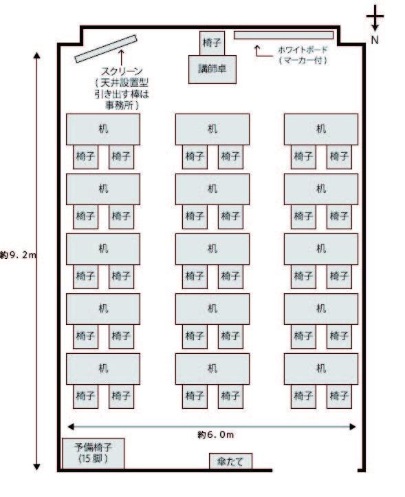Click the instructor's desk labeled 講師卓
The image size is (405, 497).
coord(212,70)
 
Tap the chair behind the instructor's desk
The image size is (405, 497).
coord(212,43)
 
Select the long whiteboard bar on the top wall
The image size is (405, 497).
coord(283,35)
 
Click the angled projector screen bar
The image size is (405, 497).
coord(106,48)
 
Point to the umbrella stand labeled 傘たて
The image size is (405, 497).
coord(230,461)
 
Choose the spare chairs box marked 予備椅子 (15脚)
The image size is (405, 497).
coord(93,453)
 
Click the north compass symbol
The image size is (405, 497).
coord(375,18)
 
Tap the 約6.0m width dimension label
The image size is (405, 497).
coord(216,435)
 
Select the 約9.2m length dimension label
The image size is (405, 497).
coord(19,255)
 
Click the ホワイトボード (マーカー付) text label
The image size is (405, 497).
coord(303,55)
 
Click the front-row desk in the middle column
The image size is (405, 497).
coord(212,129)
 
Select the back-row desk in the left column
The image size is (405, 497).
coord(103,369)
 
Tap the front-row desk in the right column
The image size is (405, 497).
coord(321,129)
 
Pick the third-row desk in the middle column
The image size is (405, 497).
coord(212,249)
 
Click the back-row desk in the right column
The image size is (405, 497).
coord(321,369)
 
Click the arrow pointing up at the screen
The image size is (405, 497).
coord(121,57)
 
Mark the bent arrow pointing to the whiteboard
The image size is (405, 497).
coord(264,52)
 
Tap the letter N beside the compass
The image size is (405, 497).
coord(375,40)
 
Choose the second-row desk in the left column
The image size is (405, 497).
coord(103,189)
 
